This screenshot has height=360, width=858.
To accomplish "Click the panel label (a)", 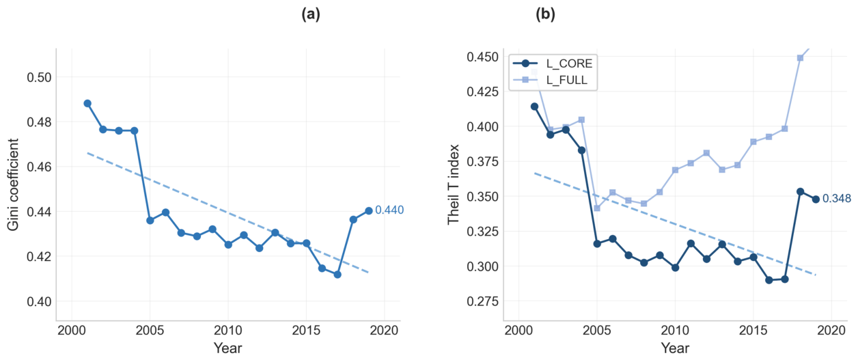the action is pos(311,14).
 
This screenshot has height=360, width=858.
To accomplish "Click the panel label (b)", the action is pos(545,14).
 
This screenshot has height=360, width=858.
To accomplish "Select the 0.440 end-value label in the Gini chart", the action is pos(389,210).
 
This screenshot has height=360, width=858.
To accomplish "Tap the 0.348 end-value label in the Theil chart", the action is pos(837,198).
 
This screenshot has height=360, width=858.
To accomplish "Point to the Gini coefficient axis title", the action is pos(13,184).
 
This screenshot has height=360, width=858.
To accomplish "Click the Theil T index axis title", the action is pos(453,184).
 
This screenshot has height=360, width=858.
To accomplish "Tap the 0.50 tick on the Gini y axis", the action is pos(39,77).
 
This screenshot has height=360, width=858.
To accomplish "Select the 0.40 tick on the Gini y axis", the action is pos(39,301).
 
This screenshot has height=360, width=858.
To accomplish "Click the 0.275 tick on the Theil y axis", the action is pos(482,301).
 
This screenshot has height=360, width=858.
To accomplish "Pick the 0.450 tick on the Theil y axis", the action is pos(482,57).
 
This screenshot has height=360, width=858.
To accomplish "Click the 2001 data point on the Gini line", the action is pos(87,103).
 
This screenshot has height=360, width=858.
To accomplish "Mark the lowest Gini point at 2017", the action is pos(337,275).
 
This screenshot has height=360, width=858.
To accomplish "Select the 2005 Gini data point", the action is pos(150,220).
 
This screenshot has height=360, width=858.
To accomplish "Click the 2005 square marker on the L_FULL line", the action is pos(597,208).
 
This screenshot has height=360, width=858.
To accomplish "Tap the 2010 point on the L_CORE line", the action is pos(676,268).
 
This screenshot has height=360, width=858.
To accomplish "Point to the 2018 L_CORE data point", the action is pos(800,191).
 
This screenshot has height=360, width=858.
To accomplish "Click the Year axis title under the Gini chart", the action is pos(228,348).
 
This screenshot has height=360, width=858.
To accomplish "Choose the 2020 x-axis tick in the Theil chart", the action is pos(831,331).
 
